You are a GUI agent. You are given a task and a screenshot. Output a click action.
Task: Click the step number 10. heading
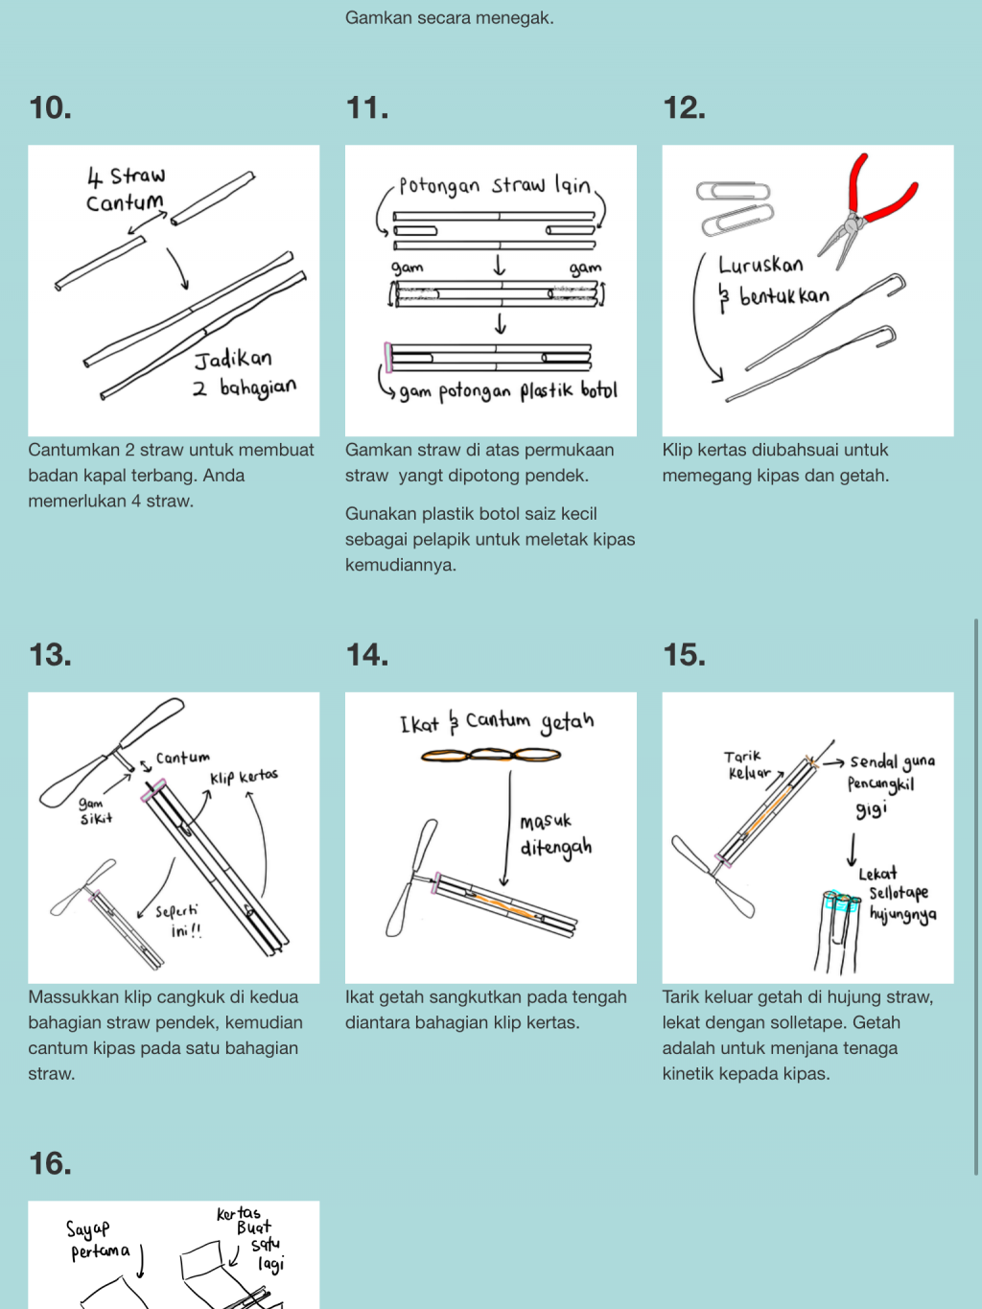[x=50, y=107]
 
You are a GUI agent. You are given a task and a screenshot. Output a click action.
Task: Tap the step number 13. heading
[x=50, y=655]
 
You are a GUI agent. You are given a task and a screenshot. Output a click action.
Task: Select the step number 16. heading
[x=50, y=1163]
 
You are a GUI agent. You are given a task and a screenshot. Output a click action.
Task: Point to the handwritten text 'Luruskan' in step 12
[x=760, y=264]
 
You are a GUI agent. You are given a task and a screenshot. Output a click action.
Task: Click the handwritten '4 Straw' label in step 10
[x=126, y=176]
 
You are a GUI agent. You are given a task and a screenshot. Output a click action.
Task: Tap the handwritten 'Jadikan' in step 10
[x=233, y=360]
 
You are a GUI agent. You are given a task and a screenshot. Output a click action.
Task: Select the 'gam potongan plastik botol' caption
[x=507, y=391]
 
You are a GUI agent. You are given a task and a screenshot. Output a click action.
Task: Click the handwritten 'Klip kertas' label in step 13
[x=244, y=776]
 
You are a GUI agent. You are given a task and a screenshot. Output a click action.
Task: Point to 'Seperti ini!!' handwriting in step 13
[x=179, y=920]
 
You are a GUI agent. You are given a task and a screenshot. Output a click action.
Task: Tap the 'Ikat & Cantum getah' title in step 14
[x=497, y=722]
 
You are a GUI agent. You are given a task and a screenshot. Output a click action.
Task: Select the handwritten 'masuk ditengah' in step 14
[x=555, y=834]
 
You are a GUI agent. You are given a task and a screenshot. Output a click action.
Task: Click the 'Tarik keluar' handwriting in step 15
[x=745, y=764]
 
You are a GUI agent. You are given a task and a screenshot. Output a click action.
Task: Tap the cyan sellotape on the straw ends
[x=842, y=902]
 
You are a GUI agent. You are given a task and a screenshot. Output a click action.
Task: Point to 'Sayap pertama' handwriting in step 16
[x=98, y=1240]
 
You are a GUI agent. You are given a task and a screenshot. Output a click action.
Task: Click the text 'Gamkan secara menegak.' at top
[x=449, y=17]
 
